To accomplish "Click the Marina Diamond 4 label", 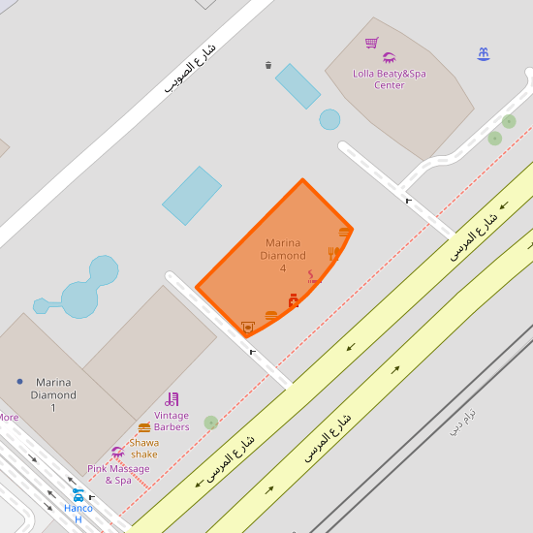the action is click(x=283, y=255).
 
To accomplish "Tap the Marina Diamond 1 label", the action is click(x=53, y=394).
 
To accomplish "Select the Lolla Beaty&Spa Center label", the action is click(x=390, y=78).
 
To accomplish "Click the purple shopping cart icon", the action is click(x=372, y=43).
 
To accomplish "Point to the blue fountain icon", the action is click(x=484, y=54).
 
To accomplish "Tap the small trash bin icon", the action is click(x=268, y=65).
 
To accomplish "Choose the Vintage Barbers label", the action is click(x=172, y=421).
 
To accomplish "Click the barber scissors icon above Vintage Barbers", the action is click(x=172, y=398).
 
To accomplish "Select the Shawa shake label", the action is click(x=144, y=448).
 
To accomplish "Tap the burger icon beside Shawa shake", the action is click(x=144, y=427).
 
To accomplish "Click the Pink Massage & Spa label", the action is click(x=118, y=474).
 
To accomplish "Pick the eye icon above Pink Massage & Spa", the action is click(x=118, y=452).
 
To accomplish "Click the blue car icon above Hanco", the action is click(x=78, y=494).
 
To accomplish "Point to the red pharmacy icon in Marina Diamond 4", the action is click(x=293, y=300).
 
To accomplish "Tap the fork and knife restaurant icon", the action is click(x=332, y=253).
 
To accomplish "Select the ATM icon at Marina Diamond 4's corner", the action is click(x=248, y=328).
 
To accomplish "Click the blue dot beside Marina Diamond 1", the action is click(x=19, y=382).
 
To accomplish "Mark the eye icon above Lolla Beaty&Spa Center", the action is click(x=390, y=58).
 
